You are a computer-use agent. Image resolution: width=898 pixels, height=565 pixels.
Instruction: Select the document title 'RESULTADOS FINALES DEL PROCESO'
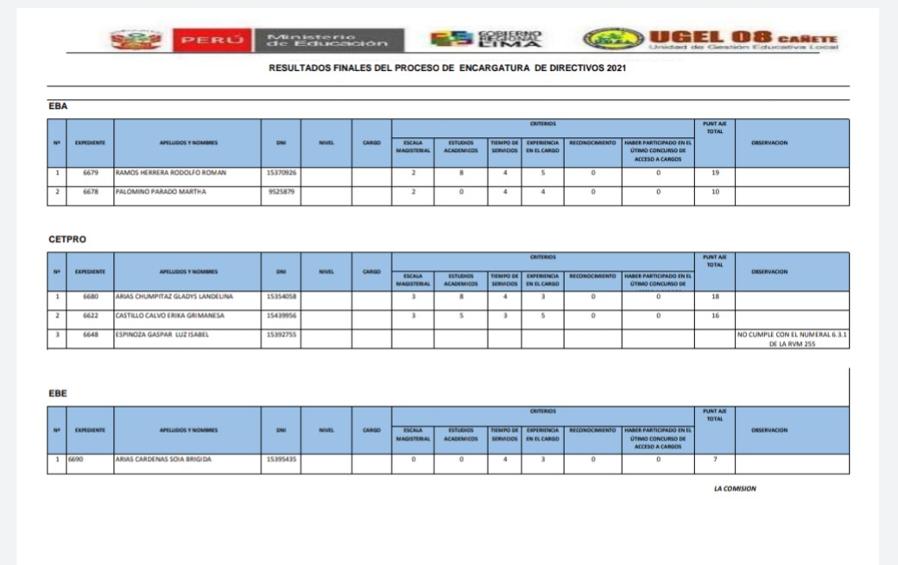click(448, 68)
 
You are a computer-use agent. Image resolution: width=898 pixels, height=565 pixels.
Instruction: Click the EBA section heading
click(58, 106)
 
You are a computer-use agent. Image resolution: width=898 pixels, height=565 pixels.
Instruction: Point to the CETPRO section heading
click(67, 239)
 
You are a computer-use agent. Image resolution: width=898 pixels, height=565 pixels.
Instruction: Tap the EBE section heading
click(58, 393)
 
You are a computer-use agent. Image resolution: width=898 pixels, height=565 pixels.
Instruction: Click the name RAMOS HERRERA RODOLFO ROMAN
click(171, 173)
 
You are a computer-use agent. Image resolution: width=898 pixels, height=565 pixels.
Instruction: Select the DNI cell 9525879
click(281, 192)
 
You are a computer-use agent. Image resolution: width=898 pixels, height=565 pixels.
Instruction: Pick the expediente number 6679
click(91, 173)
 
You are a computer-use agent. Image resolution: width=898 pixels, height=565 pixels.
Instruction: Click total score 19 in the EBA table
click(714, 173)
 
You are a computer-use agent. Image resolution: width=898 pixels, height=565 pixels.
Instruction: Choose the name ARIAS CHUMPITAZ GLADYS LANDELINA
click(175, 297)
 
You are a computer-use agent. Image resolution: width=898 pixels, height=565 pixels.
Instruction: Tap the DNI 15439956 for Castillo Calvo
click(281, 316)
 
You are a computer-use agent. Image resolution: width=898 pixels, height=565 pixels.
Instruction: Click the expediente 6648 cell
click(91, 334)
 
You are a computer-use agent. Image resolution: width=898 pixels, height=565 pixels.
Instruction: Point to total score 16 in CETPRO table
click(714, 316)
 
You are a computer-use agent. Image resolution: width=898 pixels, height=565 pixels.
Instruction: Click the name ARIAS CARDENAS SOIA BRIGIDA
click(163, 460)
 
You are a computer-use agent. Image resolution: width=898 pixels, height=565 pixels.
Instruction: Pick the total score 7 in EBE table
click(714, 460)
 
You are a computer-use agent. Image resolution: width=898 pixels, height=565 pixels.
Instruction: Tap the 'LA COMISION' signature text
click(735, 489)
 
